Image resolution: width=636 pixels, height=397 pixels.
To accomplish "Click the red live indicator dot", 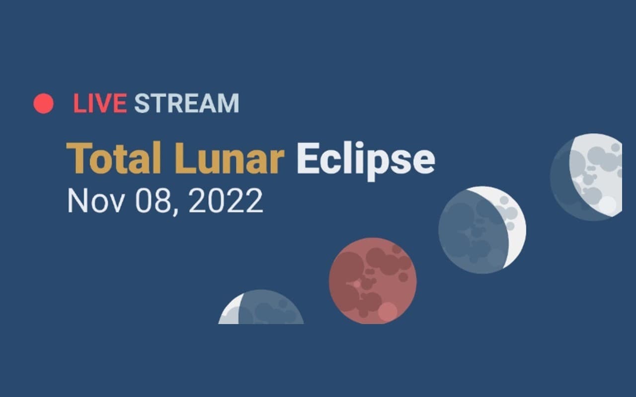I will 43,103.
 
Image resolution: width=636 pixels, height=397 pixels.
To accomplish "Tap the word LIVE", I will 100,103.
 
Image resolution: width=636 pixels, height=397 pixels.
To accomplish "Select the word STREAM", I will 187,103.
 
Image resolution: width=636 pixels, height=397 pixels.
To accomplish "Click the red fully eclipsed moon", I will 373,280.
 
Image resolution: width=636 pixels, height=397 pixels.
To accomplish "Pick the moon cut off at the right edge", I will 586,177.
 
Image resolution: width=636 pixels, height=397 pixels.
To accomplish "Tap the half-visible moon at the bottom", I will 261,308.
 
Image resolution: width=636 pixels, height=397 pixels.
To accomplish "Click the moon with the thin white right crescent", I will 482,230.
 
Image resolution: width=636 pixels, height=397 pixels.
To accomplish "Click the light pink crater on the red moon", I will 388,312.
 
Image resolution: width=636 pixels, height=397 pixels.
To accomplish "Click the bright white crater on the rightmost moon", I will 607,204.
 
